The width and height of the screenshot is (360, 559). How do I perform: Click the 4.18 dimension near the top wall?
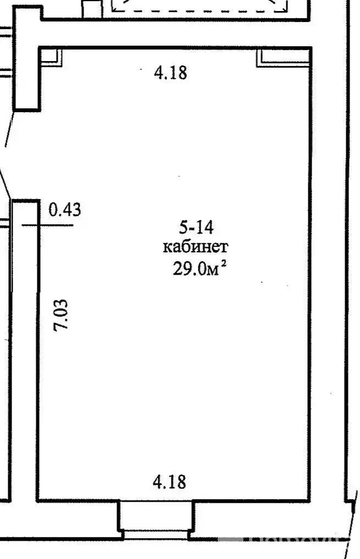(x=170, y=73)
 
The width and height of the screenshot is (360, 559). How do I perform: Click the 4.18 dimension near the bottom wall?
(x=170, y=481)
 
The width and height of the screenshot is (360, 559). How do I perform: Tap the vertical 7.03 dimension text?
(x=60, y=316)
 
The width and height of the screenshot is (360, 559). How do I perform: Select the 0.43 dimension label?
(x=65, y=209)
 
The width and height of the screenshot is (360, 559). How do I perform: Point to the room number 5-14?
(x=196, y=227)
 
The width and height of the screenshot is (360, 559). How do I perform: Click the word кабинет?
(x=196, y=247)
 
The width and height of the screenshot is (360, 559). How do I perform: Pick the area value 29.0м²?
(x=200, y=268)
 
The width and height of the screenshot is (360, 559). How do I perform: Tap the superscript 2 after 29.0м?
(x=224, y=263)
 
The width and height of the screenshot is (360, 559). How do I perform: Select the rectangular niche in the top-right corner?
(x=283, y=58)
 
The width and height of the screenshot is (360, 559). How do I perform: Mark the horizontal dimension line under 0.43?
(x=47, y=225)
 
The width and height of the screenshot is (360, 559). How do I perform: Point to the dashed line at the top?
(x=200, y=11)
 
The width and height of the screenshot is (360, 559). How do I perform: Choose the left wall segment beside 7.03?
(x=38, y=351)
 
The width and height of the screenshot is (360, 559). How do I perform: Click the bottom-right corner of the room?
(x=309, y=501)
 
